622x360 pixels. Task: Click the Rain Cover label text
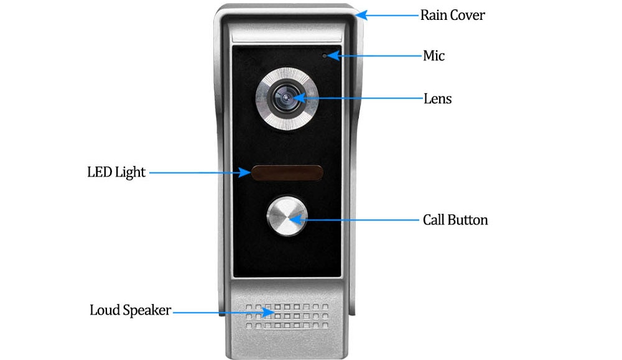click(x=452, y=15)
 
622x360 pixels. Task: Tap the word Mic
click(x=434, y=55)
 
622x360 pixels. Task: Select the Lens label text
click(x=437, y=98)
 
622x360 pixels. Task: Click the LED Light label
click(x=116, y=172)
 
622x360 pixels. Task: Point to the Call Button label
click(x=455, y=219)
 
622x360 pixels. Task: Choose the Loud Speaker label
click(x=130, y=310)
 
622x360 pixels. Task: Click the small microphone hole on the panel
click(x=325, y=56)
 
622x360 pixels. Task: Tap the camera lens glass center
click(x=285, y=98)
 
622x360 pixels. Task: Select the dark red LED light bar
click(x=287, y=173)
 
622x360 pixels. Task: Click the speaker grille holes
click(x=287, y=316)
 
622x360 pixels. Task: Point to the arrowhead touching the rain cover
click(x=361, y=16)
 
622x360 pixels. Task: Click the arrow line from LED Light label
click(x=200, y=172)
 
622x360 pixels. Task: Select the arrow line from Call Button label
click(x=354, y=219)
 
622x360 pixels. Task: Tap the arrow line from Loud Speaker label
click(x=224, y=312)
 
